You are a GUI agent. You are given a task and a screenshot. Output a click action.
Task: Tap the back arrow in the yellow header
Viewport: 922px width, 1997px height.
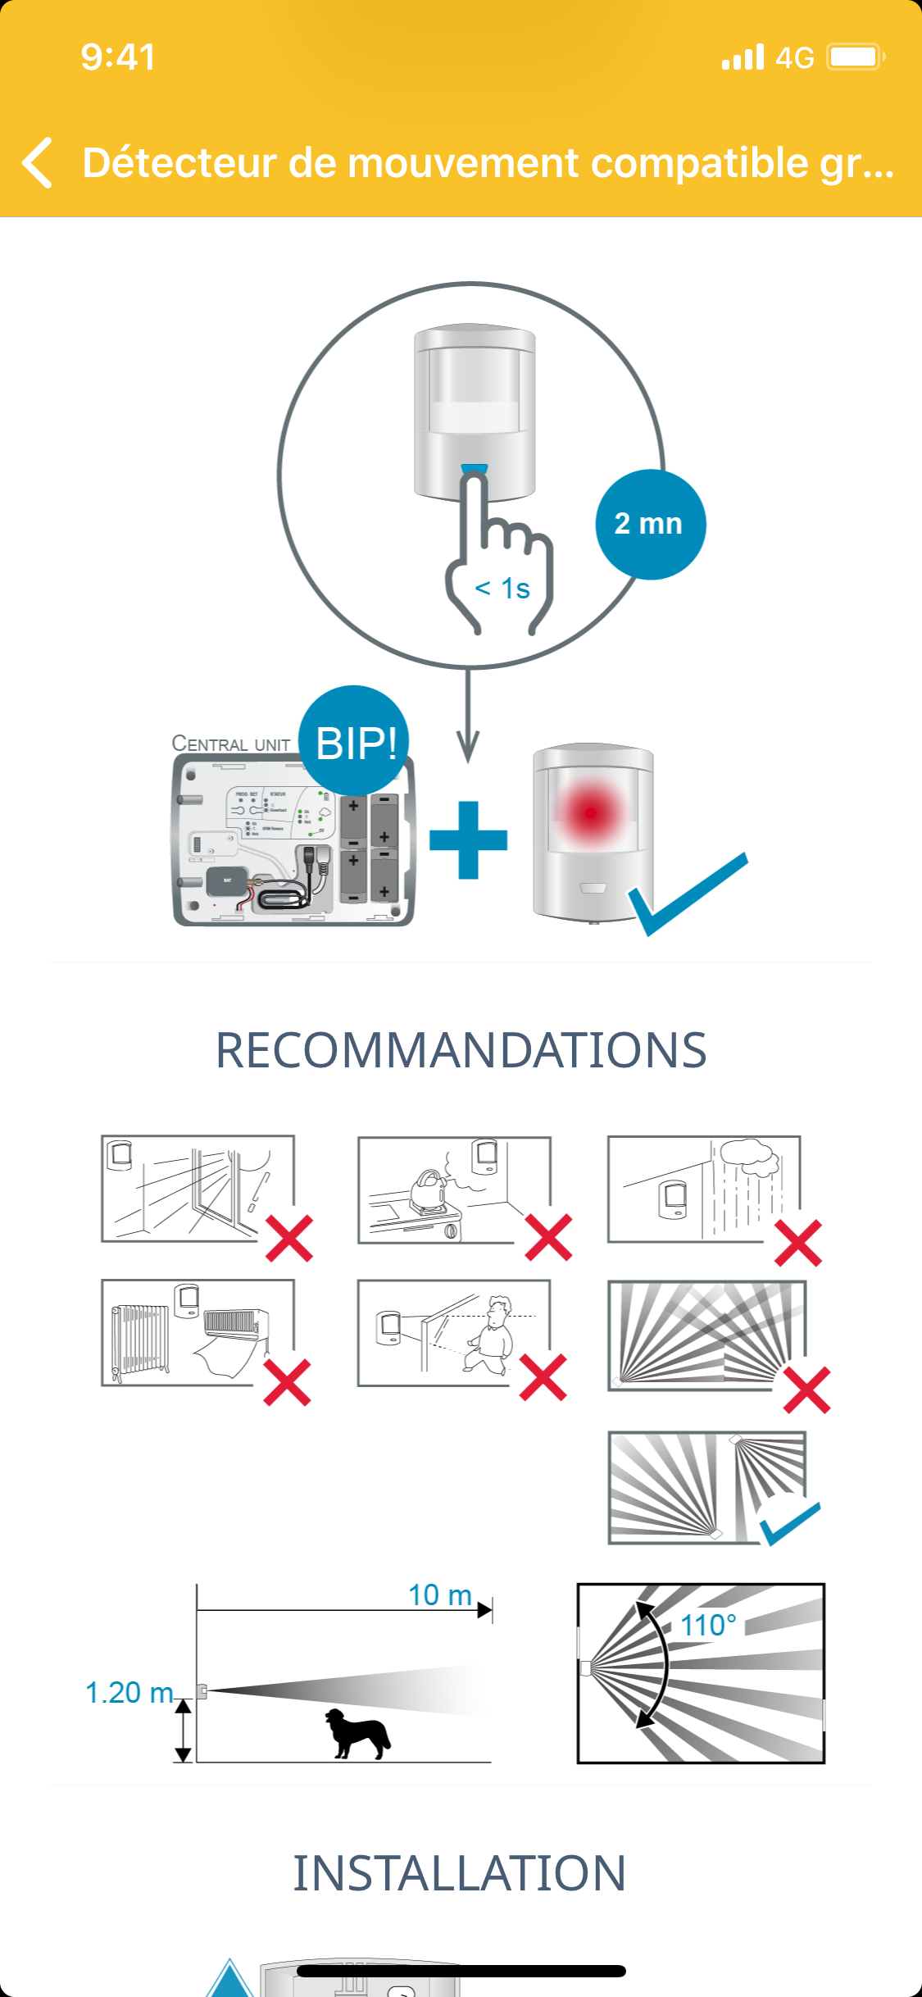pyautogui.click(x=38, y=162)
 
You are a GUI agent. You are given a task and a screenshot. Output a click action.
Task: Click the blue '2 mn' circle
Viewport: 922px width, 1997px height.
pyautogui.click(x=650, y=525)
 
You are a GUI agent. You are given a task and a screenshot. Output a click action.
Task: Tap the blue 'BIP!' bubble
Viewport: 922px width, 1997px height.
pyautogui.click(x=355, y=742)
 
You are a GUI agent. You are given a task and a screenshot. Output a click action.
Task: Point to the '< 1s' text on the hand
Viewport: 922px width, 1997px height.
pyautogui.click(x=502, y=589)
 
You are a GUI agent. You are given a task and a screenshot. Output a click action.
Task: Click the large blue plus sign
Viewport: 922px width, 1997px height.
pyautogui.click(x=468, y=840)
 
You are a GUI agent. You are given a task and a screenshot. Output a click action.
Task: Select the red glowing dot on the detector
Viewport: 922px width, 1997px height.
pyautogui.click(x=590, y=812)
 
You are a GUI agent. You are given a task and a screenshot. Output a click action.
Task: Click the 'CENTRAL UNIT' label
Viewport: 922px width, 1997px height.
pyautogui.click(x=231, y=744)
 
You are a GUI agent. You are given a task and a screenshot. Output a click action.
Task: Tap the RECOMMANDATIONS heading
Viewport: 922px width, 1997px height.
pyautogui.click(x=461, y=1050)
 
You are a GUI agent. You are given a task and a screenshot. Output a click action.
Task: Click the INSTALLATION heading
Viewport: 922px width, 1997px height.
pyautogui.click(x=460, y=1874)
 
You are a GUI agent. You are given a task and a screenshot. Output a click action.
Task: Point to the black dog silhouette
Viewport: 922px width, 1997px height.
pyautogui.click(x=357, y=1733)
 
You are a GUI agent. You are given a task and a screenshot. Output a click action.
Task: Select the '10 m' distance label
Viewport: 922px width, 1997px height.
pyautogui.click(x=440, y=1595)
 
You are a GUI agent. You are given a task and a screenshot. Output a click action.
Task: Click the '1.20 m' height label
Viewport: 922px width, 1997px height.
pyautogui.click(x=129, y=1692)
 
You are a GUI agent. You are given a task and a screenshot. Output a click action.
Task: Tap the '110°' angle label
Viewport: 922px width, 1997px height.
pyautogui.click(x=708, y=1625)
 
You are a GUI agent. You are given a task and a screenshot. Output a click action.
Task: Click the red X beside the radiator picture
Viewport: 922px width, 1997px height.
pyautogui.click(x=288, y=1382)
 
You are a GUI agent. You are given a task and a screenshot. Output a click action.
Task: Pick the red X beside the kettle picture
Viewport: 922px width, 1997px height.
pyautogui.click(x=548, y=1238)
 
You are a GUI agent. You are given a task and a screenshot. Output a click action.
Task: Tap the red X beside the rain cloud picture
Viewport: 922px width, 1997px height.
pyautogui.click(x=798, y=1243)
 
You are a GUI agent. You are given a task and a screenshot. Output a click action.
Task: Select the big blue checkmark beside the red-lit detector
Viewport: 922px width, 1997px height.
pyautogui.click(x=688, y=894)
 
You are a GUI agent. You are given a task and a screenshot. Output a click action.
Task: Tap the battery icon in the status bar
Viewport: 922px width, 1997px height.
pyautogui.click(x=855, y=57)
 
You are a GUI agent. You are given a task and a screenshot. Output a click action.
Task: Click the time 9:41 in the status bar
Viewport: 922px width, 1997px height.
pyautogui.click(x=118, y=57)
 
